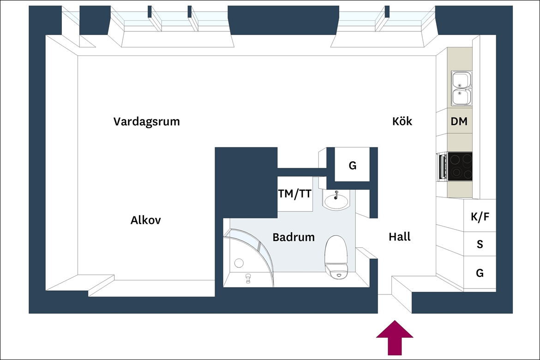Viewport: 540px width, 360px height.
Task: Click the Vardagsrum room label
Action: click(147, 121)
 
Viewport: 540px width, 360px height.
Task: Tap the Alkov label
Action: click(145, 220)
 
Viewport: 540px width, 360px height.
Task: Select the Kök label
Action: click(402, 121)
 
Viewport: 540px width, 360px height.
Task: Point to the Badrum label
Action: click(294, 237)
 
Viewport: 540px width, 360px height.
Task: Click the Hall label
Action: click(400, 237)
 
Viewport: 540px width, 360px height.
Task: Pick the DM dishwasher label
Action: click(459, 121)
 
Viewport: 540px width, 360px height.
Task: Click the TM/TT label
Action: click(295, 194)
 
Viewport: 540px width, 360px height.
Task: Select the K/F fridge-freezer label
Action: click(480, 216)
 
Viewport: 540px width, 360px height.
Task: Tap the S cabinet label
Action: click(480, 244)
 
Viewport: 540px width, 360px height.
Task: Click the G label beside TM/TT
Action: click(352, 166)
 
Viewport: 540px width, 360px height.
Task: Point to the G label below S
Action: click(480, 273)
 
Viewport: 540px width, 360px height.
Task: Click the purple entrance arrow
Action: click(395, 337)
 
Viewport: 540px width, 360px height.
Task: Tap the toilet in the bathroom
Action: click(337, 257)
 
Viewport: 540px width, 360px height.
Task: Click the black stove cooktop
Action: click(460, 167)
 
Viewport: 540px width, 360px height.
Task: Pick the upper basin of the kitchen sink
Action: click(460, 79)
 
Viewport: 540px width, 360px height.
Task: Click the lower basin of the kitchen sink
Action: click(460, 97)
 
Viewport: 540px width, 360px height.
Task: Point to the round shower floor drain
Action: click(239, 264)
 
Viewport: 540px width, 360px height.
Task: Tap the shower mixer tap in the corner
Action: click(248, 278)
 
